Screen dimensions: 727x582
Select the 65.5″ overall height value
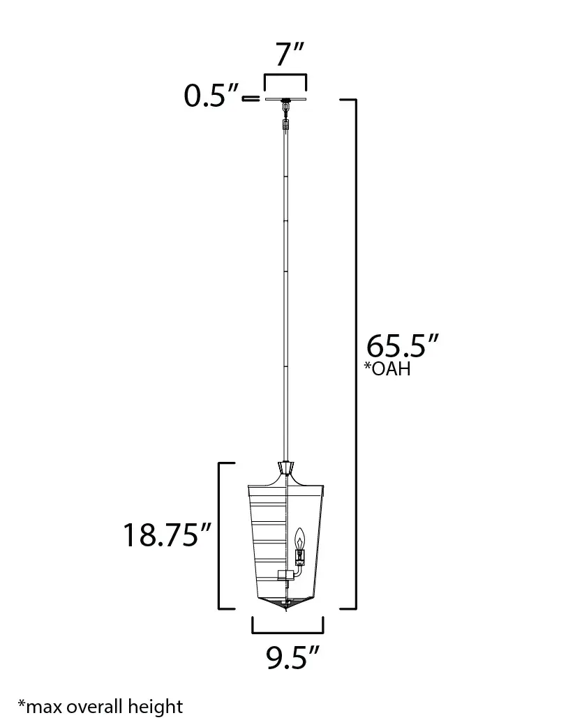click(x=403, y=346)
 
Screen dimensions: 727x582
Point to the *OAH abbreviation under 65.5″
click(x=387, y=369)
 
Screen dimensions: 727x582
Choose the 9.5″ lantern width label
click(x=293, y=657)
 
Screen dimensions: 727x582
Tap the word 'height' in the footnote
click(x=155, y=707)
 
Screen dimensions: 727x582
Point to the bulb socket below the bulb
click(x=300, y=556)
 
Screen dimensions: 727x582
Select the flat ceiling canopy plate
click(x=285, y=100)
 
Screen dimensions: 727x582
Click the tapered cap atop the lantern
click(x=285, y=467)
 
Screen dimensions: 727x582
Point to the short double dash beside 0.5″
click(x=249, y=100)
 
